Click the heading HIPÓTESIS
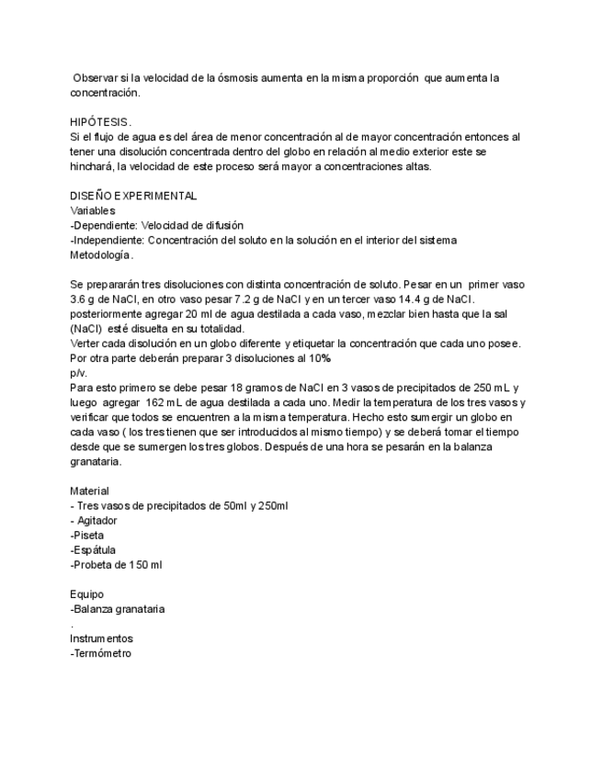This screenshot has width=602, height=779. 101,121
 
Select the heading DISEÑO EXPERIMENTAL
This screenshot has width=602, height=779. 133,196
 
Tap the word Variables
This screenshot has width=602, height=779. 93,210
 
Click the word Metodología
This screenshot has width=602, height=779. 102,254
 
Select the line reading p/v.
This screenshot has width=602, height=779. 78,373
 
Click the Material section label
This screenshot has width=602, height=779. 89,491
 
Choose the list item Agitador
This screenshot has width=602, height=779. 97,520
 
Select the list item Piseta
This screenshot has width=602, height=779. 88,535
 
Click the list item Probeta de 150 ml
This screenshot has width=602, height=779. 117,564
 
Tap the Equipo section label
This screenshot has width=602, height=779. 86,593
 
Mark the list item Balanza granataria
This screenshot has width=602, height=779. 118,608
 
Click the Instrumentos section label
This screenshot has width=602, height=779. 101,638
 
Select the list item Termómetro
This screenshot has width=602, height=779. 101,652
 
